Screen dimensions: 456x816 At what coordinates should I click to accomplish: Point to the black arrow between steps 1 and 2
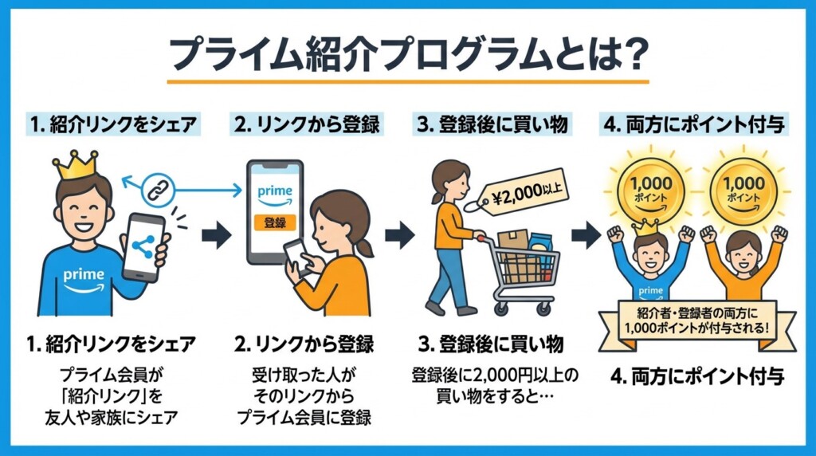(216, 235)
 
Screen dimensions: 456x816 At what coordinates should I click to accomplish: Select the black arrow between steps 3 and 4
(586, 235)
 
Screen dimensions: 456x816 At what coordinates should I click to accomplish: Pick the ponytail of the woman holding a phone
(365, 246)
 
